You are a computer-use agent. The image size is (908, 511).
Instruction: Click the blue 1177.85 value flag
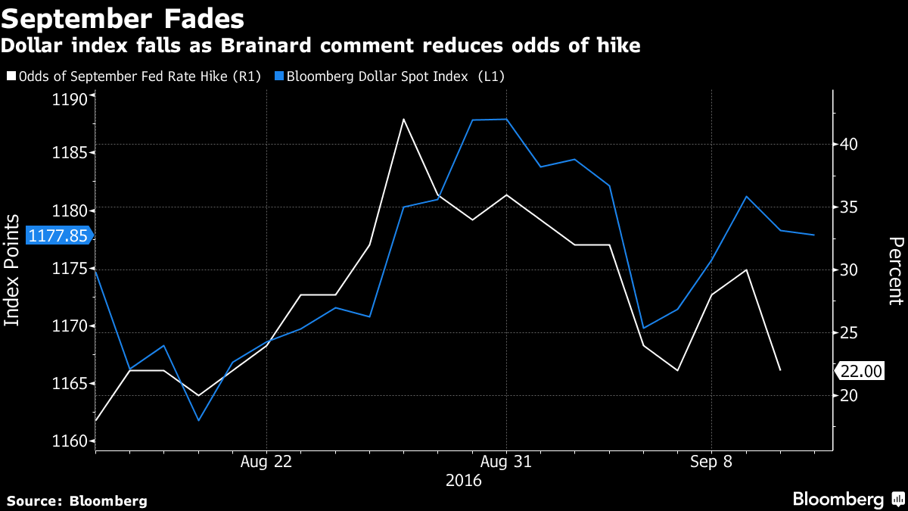(x=58, y=235)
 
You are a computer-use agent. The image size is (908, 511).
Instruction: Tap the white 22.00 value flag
(x=861, y=371)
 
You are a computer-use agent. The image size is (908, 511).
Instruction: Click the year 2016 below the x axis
(x=464, y=480)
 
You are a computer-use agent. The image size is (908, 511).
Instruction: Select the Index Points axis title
(x=12, y=270)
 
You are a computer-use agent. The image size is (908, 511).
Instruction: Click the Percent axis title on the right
(x=896, y=270)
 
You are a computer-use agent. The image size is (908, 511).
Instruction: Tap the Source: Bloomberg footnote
(x=77, y=500)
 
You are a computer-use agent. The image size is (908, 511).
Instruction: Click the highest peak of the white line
(x=404, y=119)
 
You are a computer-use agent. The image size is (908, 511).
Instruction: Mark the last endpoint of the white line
(x=780, y=370)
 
